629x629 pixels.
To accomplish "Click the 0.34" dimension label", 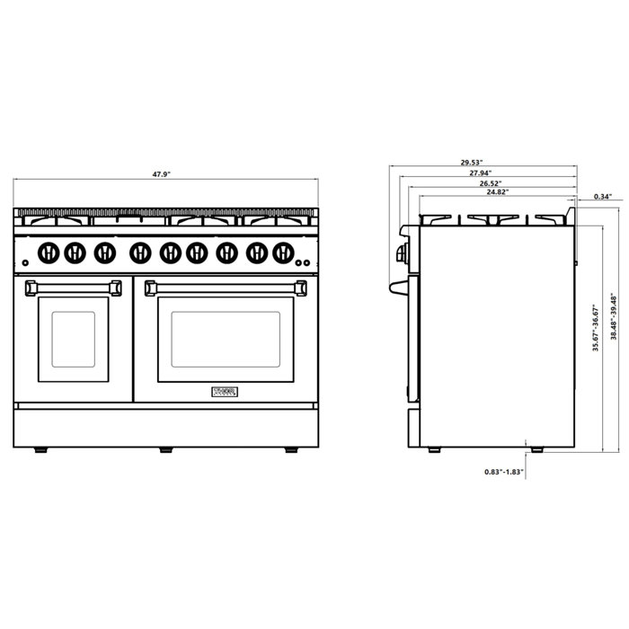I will (x=603, y=196).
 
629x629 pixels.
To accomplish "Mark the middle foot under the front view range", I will (x=165, y=448).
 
